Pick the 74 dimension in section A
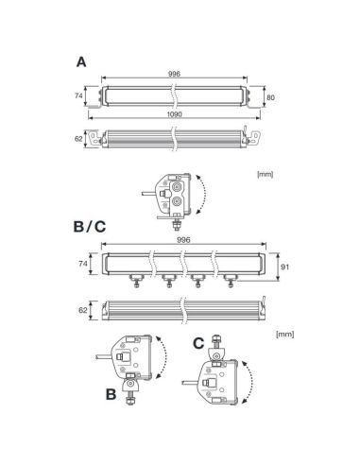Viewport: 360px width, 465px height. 79,95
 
